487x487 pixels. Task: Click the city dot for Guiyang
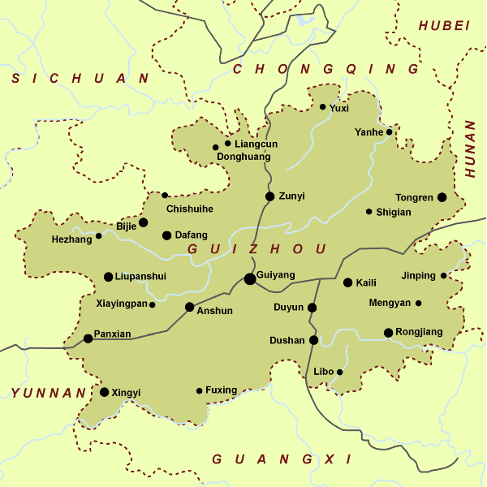coord(250,279)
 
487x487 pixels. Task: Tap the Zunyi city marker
coord(270,196)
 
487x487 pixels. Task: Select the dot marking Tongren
coord(442,197)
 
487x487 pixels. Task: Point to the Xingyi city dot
coord(105,392)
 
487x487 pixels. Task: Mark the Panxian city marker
coord(88,338)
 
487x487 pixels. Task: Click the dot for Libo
coord(340,373)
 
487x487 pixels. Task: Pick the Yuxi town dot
coord(322,107)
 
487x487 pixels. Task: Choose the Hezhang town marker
coord(99,236)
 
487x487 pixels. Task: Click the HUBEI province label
coord(444,26)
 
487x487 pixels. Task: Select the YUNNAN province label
coord(48,394)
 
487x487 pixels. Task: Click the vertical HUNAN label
coord(471,149)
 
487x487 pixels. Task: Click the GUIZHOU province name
coord(256,249)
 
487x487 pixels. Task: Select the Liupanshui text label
coord(140,277)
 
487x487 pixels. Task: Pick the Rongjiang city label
coord(420,332)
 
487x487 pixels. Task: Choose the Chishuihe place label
coord(189,209)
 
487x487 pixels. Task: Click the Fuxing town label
coord(221,390)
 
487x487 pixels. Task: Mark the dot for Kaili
coord(348,283)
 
